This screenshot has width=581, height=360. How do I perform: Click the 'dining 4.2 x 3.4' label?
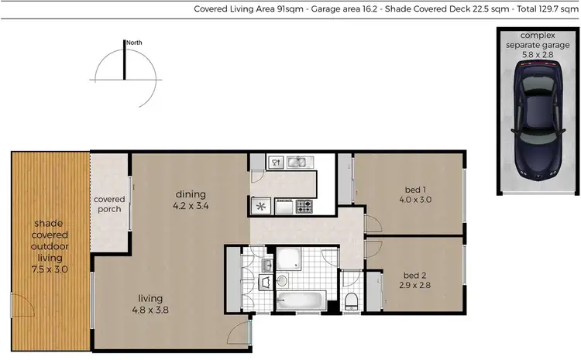pyautogui.click(x=190, y=200)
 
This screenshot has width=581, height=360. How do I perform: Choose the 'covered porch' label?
pyautogui.click(x=109, y=204)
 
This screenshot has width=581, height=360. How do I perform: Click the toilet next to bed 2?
pyautogui.click(x=352, y=300)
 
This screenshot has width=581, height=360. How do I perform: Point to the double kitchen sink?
pyautogui.click(x=298, y=163)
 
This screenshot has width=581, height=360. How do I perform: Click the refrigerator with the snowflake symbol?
pyautogui.click(x=260, y=206)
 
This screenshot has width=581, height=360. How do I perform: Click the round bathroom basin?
pyautogui.click(x=282, y=281)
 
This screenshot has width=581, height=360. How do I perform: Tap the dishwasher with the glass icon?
pyautogui.click(x=275, y=163)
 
